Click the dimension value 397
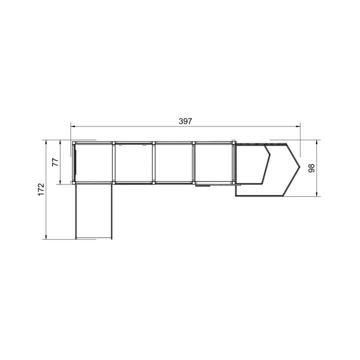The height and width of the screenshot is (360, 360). tap(185, 121)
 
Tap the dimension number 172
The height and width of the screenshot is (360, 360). tap(41, 189)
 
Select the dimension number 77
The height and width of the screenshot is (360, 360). tap(55, 162)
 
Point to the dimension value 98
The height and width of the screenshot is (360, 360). tap(311, 168)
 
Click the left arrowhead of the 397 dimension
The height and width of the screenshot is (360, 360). tap(73, 126)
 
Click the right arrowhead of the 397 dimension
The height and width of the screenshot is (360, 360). tap(298, 126)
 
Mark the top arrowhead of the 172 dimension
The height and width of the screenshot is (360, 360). tap(46, 142)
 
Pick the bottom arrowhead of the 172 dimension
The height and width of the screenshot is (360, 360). tap(46, 236)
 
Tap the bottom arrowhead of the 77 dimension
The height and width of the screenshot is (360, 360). tap(60, 181)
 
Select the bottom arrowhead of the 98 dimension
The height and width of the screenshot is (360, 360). tap(316, 194)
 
